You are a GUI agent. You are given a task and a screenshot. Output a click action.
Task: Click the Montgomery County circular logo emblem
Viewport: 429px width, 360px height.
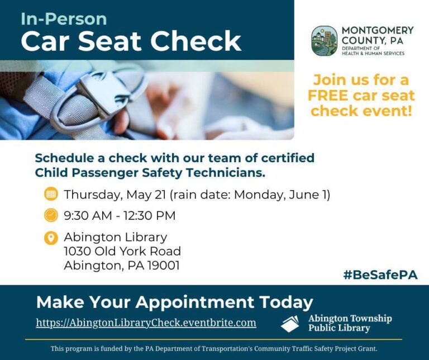pos(325,41)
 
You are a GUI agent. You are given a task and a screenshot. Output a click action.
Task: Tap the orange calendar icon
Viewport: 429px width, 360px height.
pos(51,194)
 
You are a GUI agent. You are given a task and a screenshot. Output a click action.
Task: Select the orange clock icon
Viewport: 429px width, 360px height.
pos(51,215)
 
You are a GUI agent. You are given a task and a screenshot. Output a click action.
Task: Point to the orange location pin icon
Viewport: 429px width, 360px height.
pos(51,238)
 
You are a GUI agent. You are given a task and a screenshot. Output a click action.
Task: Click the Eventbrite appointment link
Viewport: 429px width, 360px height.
pos(146,323)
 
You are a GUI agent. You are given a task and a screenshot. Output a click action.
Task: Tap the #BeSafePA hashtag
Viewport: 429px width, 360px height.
pos(380,275)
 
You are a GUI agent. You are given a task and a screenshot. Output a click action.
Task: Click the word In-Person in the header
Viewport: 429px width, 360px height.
pos(64,19)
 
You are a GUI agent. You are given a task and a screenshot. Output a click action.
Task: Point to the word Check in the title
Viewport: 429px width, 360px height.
pos(196,41)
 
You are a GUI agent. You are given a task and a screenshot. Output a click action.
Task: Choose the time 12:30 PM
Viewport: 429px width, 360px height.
pos(149,216)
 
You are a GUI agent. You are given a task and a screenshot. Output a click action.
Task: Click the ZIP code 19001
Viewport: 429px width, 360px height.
pos(163,266)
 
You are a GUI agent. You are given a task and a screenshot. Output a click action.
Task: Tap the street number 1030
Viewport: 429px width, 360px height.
pos(78,252)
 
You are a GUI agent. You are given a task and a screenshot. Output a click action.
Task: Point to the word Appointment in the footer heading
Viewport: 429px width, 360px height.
pos(195,302)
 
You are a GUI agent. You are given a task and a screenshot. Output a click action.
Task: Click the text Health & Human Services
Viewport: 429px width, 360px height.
pos(373,53)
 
